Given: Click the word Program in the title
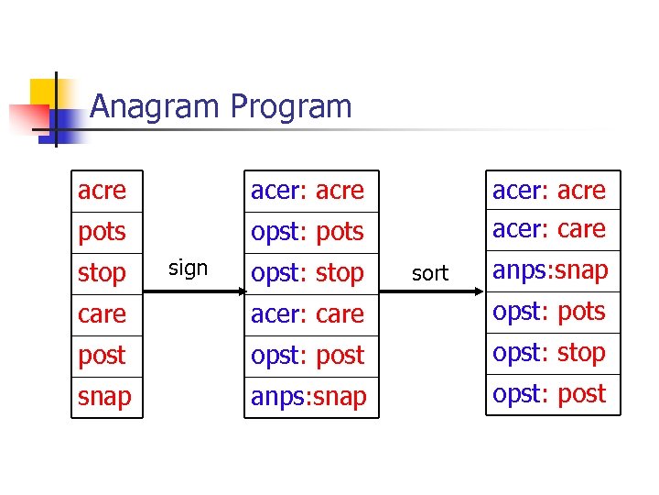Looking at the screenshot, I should [291, 107].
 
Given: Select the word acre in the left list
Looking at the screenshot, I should [102, 191].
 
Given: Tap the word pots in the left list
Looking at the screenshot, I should [102, 232].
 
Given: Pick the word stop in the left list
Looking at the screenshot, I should [102, 273].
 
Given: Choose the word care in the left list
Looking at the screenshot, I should [102, 314].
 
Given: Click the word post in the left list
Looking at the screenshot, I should [102, 356].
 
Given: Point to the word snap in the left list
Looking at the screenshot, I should [104, 397].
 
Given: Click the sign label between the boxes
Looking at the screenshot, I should [189, 269].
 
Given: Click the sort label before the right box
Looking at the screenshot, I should [430, 273].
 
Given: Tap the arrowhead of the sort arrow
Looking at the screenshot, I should [477, 291].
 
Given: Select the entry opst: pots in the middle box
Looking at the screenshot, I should [308, 232].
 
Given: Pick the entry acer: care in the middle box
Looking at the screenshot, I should [308, 314].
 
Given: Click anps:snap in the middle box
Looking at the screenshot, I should [308, 397].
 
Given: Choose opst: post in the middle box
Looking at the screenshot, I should [308, 356].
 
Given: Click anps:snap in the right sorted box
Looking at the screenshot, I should [550, 270].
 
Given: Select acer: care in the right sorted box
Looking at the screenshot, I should [549, 229].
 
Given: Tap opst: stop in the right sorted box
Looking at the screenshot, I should [549, 353].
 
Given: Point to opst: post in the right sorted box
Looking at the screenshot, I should [549, 394].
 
